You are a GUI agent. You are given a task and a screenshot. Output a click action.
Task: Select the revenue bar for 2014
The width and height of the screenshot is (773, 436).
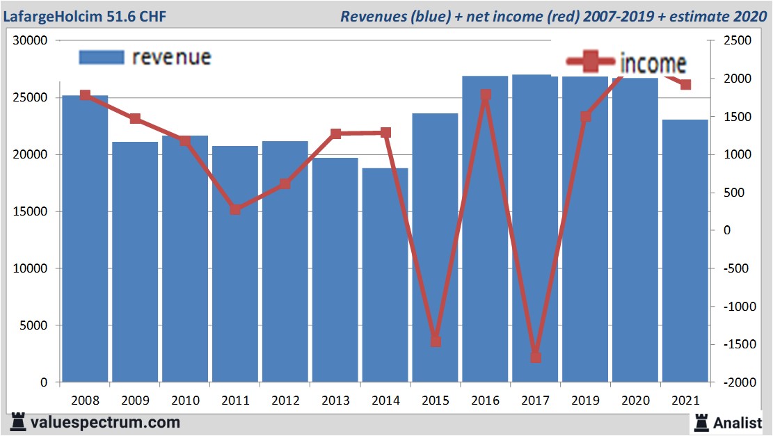(x=385, y=275)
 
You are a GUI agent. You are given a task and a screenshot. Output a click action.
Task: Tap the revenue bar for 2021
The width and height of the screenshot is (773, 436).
(x=685, y=250)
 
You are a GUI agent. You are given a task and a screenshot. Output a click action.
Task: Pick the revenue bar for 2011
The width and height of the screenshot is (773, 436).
(x=235, y=264)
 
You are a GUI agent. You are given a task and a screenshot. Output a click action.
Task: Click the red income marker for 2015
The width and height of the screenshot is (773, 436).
(x=436, y=341)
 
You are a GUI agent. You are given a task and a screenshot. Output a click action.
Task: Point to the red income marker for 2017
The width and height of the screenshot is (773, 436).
(x=535, y=357)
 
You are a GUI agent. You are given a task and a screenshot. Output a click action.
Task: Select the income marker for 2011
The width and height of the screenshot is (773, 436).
(x=235, y=209)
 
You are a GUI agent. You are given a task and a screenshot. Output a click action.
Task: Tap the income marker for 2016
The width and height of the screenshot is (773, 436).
(x=486, y=95)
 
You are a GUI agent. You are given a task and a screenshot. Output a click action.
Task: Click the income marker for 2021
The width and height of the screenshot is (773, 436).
(x=685, y=85)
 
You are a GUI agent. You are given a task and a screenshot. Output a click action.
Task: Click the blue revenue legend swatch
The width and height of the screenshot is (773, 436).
(x=102, y=57)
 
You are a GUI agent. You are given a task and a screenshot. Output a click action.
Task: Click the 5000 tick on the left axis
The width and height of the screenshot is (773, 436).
(x=33, y=325)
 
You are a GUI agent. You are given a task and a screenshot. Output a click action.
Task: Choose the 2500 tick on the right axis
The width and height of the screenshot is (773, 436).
(x=738, y=41)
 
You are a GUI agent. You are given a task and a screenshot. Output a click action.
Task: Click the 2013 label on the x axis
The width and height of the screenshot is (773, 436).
(x=335, y=401)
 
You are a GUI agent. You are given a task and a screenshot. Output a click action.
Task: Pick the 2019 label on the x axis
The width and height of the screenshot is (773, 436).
(x=585, y=401)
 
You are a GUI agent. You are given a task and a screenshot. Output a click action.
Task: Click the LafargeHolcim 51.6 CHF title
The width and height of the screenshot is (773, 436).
(x=83, y=16)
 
